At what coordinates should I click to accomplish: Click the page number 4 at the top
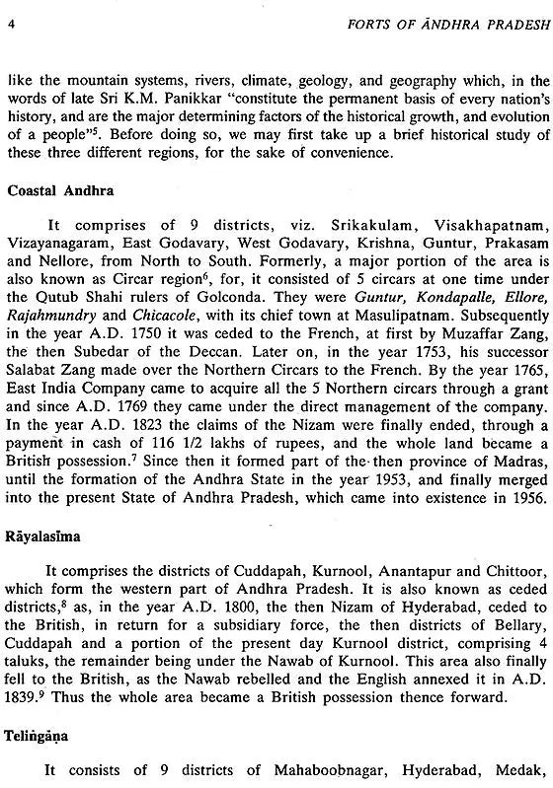pos(10,13)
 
